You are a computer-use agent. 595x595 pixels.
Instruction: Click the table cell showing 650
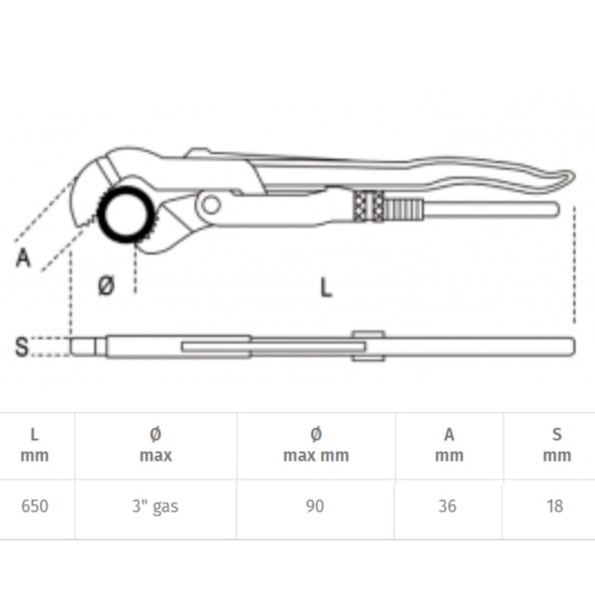(x=35, y=506)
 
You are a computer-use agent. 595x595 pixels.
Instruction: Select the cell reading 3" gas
(x=155, y=506)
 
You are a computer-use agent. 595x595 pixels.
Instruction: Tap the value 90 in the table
(x=315, y=506)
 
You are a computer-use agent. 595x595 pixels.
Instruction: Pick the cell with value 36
(x=447, y=506)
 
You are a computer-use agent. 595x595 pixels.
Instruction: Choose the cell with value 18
(x=555, y=506)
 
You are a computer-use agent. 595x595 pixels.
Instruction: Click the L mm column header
(x=35, y=444)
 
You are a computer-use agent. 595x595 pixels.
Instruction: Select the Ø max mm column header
(x=316, y=444)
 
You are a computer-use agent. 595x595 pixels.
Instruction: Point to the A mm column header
(x=449, y=444)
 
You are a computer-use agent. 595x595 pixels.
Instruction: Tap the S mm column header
(x=557, y=444)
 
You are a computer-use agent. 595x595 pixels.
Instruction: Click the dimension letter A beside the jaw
(x=23, y=257)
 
